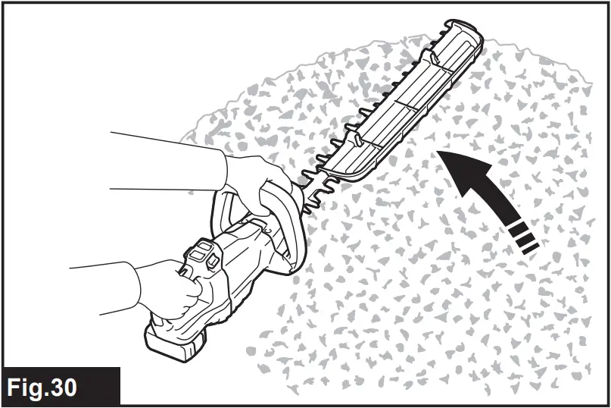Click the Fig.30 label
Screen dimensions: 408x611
pyautogui.click(x=43, y=387)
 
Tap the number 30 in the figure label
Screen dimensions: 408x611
pyautogui.click(x=64, y=387)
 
